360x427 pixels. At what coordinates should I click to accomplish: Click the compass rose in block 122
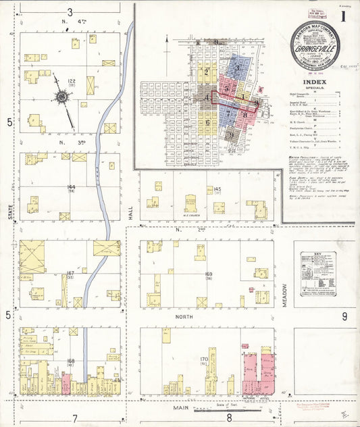point(62,97)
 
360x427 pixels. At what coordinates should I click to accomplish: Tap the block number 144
point(70,186)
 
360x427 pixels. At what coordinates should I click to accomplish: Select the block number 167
point(70,274)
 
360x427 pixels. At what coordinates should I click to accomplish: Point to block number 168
point(70,361)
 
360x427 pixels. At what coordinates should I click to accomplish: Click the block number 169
point(208,274)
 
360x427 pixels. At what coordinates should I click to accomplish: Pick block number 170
point(203,359)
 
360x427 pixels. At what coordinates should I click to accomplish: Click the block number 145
point(217,189)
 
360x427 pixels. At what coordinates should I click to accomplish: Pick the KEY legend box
point(317,274)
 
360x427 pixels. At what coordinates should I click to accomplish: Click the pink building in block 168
point(66,384)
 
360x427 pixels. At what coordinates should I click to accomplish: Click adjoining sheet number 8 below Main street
point(230,418)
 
